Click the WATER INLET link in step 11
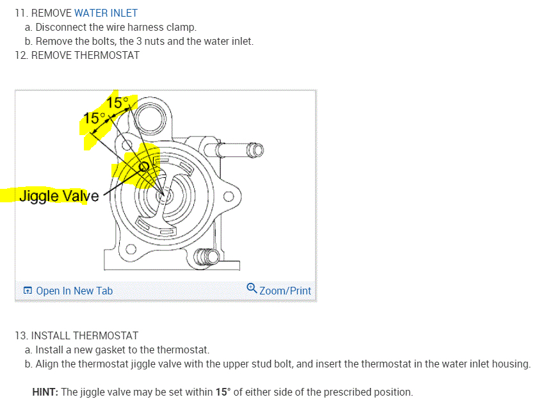(106, 13)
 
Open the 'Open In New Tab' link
(74, 291)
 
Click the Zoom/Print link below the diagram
(285, 291)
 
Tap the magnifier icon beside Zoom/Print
(252, 289)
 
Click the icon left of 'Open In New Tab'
(28, 291)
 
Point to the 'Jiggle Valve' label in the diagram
(59, 196)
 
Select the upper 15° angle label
(118, 102)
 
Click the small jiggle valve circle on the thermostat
(145, 167)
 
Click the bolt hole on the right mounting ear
(227, 197)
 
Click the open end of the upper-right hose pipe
(258, 150)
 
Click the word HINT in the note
(45, 392)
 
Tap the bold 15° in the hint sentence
(222, 392)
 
